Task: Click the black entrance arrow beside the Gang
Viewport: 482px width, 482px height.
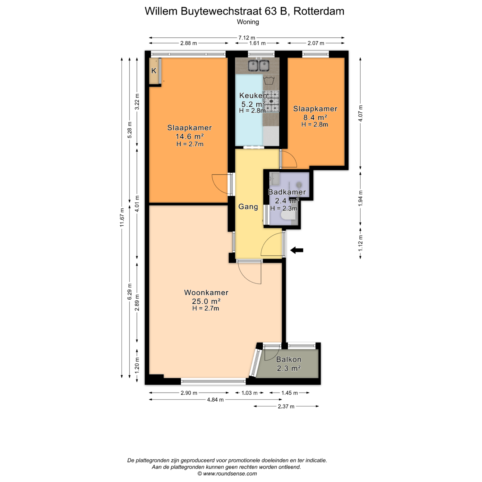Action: click(x=297, y=250)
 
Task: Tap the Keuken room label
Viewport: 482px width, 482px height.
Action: click(x=253, y=96)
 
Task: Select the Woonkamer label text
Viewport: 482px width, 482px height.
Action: click(x=206, y=293)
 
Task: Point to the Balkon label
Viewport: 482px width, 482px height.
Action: click(x=289, y=359)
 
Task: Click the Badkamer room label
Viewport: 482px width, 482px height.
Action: click(x=287, y=192)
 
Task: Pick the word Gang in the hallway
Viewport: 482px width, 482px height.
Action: click(x=248, y=207)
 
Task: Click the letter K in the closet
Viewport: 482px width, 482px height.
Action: click(x=154, y=71)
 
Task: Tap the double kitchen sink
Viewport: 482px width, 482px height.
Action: click(x=258, y=65)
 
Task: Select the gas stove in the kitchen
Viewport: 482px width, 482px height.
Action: click(x=271, y=101)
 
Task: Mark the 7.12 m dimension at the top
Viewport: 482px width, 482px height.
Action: click(x=247, y=38)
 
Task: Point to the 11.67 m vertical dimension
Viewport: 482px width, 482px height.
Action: click(x=122, y=217)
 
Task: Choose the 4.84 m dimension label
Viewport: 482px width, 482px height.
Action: click(x=215, y=400)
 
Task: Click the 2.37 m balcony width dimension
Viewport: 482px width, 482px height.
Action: click(x=286, y=406)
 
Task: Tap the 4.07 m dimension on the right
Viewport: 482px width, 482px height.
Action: click(x=360, y=113)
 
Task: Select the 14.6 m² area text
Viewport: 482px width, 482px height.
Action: click(x=189, y=136)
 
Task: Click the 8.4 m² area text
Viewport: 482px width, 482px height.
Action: click(x=315, y=117)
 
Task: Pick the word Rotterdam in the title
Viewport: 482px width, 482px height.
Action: click(x=319, y=11)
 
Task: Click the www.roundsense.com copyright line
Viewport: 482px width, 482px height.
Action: click(x=227, y=474)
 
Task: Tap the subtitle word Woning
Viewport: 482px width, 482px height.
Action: click(x=248, y=22)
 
